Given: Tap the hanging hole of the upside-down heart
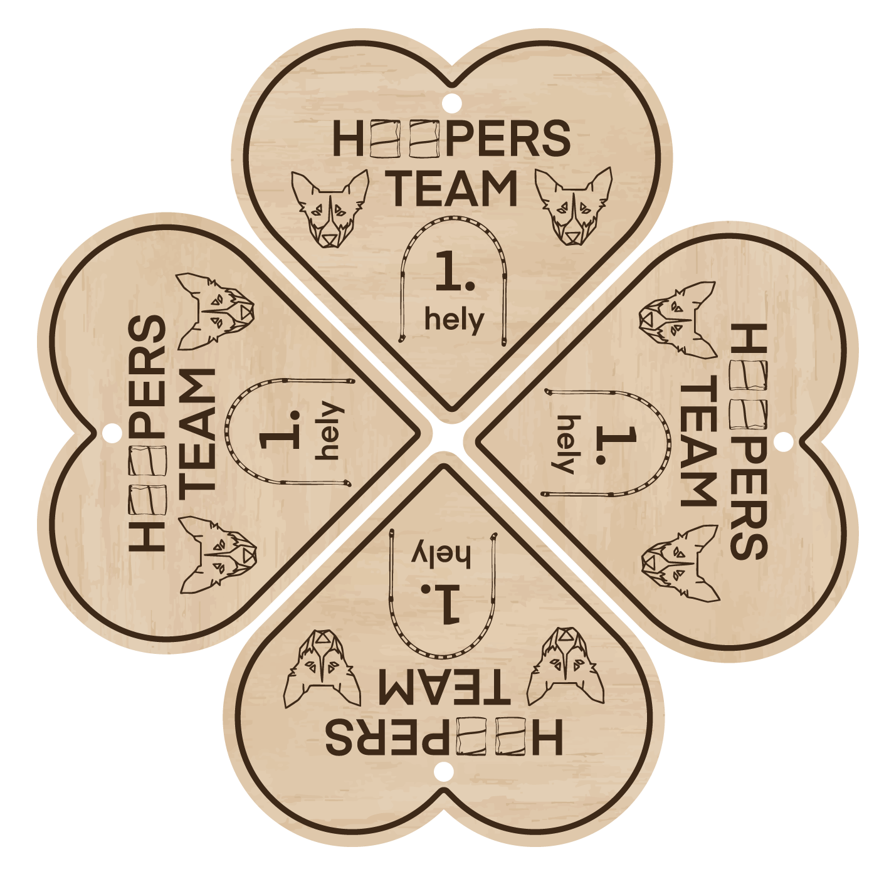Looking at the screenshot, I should point(444,772).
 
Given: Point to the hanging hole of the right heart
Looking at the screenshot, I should point(782,441).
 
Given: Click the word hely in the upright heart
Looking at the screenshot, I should point(455,320).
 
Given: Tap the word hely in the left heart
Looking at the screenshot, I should point(330,431).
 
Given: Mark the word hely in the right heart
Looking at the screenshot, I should point(564,444).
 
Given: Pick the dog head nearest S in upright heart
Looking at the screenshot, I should point(574,206).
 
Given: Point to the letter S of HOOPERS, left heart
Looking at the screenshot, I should point(148,334).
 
